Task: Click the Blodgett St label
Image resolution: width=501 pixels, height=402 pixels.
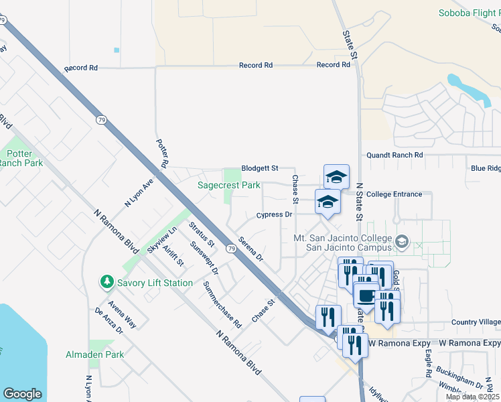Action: [259, 169]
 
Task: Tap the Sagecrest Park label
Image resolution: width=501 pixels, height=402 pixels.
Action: [228, 185]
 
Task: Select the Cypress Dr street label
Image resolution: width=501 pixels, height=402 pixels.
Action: [275, 215]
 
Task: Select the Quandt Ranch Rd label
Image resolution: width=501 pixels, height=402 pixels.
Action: [395, 155]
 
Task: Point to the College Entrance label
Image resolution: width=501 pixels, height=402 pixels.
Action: [395, 194]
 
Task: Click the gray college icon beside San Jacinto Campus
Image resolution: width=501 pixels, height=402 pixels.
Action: [402, 241]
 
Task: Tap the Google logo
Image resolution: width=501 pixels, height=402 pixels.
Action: [21, 394]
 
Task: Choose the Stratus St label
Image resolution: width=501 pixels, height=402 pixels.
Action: [201, 234]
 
